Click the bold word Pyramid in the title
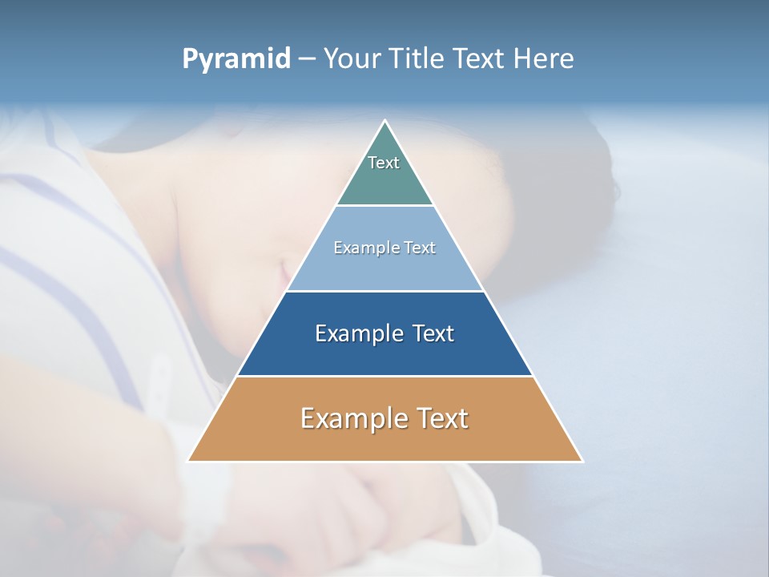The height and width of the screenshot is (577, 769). [236, 59]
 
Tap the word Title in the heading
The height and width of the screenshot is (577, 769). [417, 59]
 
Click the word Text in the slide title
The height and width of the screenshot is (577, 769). [479, 59]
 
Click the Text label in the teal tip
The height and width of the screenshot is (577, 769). [384, 163]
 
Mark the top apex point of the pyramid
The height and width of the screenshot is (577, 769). [385, 121]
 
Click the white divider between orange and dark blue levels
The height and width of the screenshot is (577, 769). [385, 376]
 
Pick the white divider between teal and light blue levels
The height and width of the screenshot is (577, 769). [385, 205]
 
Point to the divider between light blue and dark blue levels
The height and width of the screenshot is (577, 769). [385, 291]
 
